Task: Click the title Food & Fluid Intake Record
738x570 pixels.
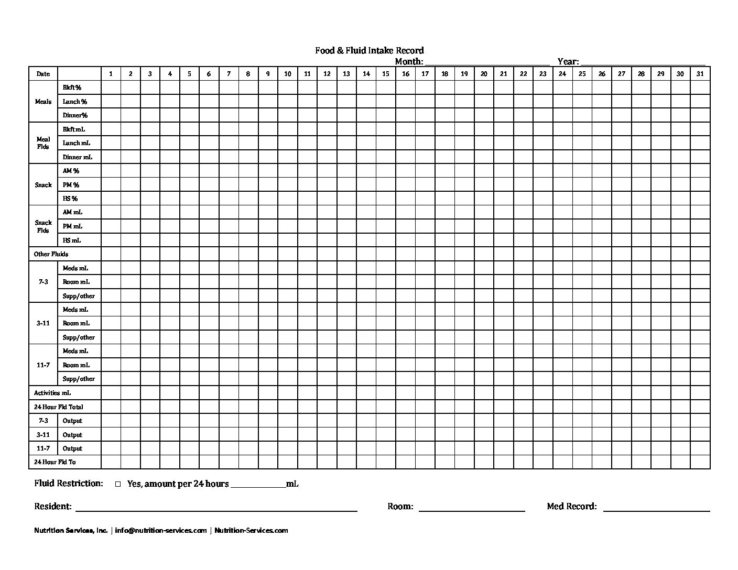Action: [x=369, y=50]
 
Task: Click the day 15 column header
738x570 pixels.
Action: [x=386, y=74]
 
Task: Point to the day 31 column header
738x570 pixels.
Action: [x=700, y=74]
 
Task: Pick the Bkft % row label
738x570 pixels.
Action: [x=72, y=87]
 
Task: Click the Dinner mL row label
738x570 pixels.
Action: [x=78, y=157]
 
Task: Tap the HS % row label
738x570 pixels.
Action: [x=70, y=199]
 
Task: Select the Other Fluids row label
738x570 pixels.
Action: [x=51, y=254]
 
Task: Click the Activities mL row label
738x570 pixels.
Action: [x=52, y=393]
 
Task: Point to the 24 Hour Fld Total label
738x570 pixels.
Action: [x=59, y=407]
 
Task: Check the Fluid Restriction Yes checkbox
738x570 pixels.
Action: [x=118, y=484]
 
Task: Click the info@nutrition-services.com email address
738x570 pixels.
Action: [x=161, y=530]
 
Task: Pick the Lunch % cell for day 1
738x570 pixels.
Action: [x=111, y=102]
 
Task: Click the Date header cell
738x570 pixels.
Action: [x=43, y=74]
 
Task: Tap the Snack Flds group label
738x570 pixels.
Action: [x=43, y=226]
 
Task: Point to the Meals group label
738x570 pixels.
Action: [x=43, y=102]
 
